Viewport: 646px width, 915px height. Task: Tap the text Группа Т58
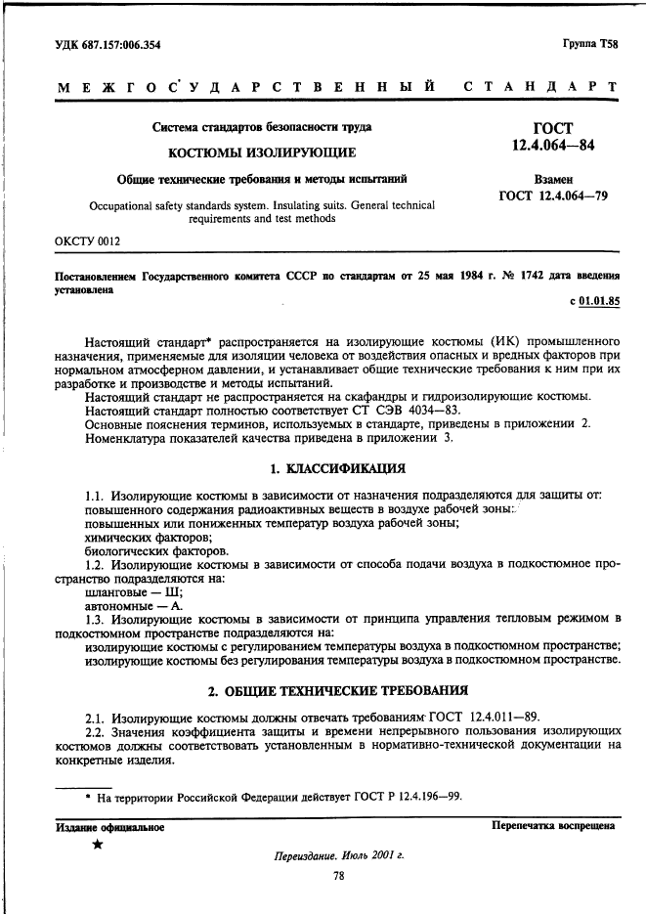click(590, 45)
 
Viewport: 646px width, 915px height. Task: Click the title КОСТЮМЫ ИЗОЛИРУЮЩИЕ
click(263, 152)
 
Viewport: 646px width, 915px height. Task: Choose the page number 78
click(339, 877)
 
